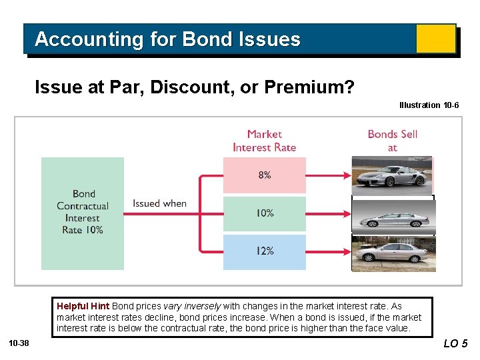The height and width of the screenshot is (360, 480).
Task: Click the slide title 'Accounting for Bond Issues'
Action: pyautogui.click(x=167, y=39)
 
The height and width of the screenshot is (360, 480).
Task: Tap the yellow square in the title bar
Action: pyautogui.click(x=435, y=39)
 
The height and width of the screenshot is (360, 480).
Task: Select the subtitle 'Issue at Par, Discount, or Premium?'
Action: pyautogui.click(x=194, y=87)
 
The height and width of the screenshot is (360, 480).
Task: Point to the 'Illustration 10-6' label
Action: pyautogui.click(x=429, y=105)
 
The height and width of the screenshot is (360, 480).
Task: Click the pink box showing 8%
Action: pyautogui.click(x=265, y=175)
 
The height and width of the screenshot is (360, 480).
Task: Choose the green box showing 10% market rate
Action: pyautogui.click(x=265, y=213)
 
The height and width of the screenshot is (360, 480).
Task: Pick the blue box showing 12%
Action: pyautogui.click(x=265, y=251)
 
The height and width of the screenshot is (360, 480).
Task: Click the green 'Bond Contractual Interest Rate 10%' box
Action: pyautogui.click(x=83, y=213)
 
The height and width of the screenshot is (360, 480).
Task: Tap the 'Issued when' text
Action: pyautogui.click(x=159, y=203)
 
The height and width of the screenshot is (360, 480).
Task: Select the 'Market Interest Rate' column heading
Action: pyautogui.click(x=265, y=141)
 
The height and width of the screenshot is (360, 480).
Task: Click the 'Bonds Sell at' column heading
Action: pyautogui.click(x=392, y=141)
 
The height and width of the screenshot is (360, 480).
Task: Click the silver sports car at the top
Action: pyautogui.click(x=392, y=175)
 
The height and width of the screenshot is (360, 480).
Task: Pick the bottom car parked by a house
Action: pyautogui.click(x=393, y=253)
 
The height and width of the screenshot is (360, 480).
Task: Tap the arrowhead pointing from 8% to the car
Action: pyautogui.click(x=346, y=175)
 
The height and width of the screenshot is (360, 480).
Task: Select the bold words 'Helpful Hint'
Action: pyautogui.click(x=83, y=306)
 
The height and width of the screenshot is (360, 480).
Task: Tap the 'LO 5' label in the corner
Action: pyautogui.click(x=455, y=344)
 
